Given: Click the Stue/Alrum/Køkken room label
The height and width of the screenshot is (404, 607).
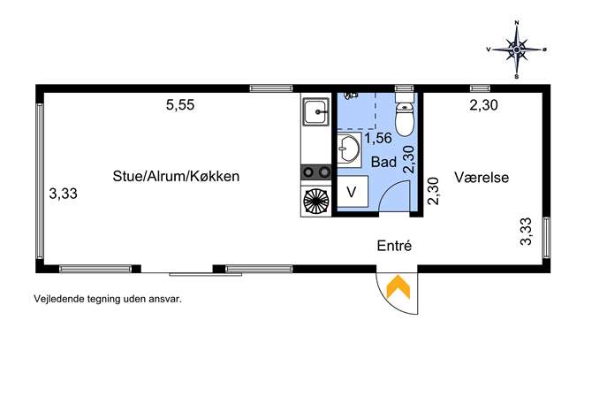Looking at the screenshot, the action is (x=176, y=176).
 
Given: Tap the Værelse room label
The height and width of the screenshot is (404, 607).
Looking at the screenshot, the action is (x=482, y=178).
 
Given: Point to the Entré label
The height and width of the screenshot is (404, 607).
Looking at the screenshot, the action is (x=394, y=246).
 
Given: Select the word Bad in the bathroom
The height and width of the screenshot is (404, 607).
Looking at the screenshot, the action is (x=383, y=162).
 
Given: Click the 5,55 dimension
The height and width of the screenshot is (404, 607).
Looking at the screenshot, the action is (x=180, y=105).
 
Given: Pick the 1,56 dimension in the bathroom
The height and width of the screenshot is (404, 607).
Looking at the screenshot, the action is (x=378, y=138).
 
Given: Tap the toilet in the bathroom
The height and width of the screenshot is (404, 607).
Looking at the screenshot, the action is (x=405, y=115).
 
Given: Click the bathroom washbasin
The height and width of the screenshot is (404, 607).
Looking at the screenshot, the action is (x=349, y=149).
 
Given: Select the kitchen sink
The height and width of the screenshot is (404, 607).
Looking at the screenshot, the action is (x=316, y=112).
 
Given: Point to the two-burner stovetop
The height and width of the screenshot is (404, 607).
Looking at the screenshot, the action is (x=316, y=172).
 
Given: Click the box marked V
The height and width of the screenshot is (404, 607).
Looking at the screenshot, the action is (x=353, y=191).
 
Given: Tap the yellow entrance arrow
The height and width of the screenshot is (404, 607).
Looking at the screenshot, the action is (x=398, y=287).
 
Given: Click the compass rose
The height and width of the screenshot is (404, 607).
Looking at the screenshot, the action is (x=516, y=50).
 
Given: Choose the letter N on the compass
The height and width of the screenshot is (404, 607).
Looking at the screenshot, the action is (x=517, y=23).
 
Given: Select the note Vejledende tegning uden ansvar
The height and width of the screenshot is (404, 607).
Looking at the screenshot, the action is (x=108, y=299).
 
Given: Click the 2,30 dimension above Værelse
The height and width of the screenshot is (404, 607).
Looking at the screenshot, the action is (x=483, y=105).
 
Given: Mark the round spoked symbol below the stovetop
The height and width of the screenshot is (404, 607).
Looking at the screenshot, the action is (x=316, y=201).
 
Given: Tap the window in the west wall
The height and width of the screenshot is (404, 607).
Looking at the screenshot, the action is (x=40, y=181).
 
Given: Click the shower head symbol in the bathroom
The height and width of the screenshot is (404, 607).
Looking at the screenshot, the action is (x=352, y=95).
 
